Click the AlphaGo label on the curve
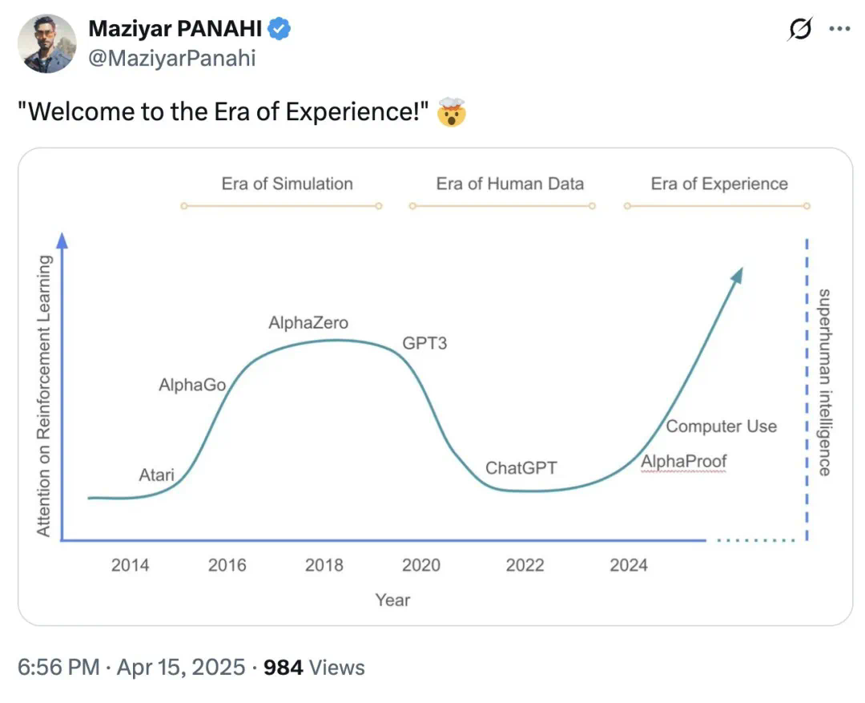192,386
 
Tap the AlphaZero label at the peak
308,323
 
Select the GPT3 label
424,344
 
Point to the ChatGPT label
521,468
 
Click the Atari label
156,475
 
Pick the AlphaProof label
683,462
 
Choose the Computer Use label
721,426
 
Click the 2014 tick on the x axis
130,565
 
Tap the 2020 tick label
421,565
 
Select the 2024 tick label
629,565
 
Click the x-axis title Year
392,600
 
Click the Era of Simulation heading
287,184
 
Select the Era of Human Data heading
509,184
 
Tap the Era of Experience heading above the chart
719,184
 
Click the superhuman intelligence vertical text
824,382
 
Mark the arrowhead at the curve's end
737,274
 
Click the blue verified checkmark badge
280,30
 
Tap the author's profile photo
47,44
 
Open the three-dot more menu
839,30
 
